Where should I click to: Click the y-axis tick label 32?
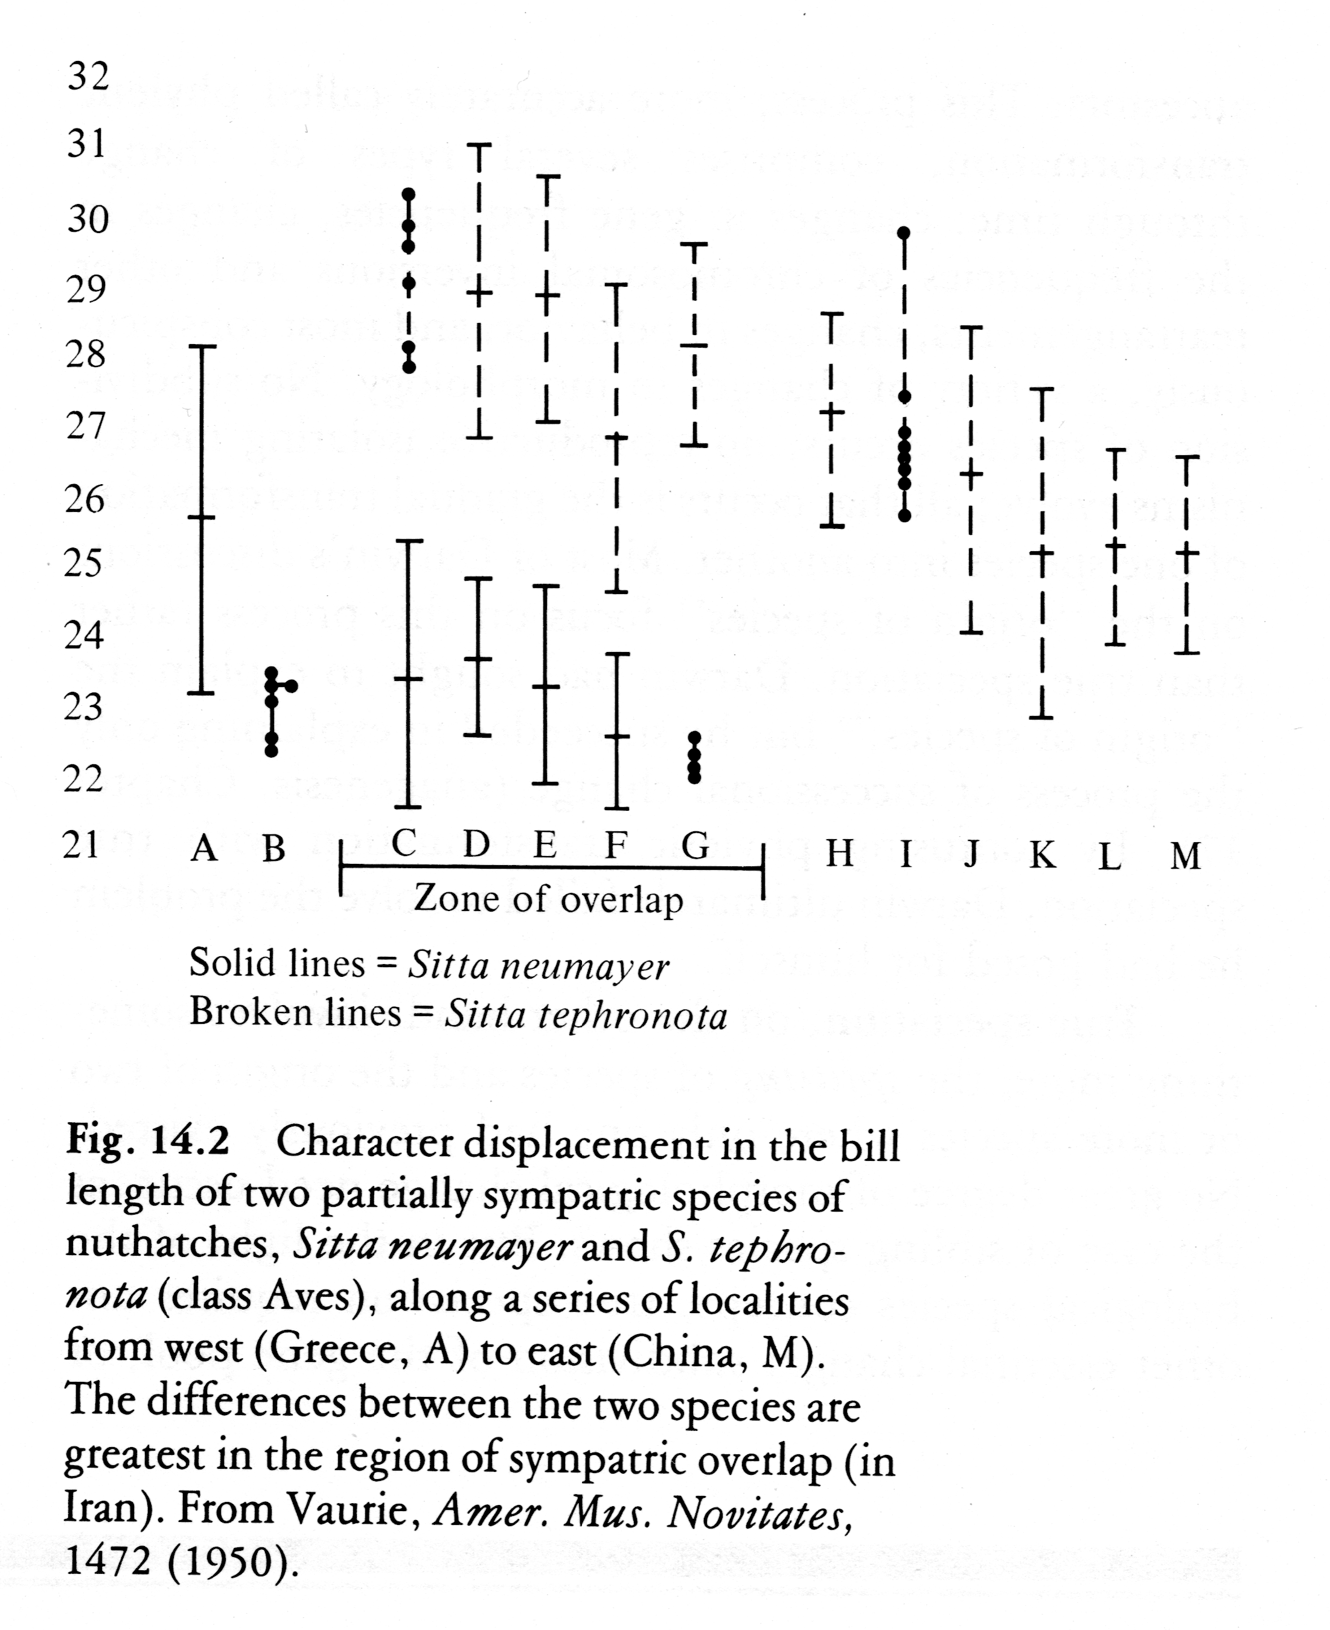(88, 76)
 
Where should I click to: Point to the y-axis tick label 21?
(82, 845)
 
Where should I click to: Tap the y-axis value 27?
(85, 426)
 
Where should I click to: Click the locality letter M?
(1185, 855)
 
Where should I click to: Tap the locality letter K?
(1042, 855)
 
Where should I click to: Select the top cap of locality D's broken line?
(479, 145)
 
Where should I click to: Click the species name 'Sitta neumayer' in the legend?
(538, 965)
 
